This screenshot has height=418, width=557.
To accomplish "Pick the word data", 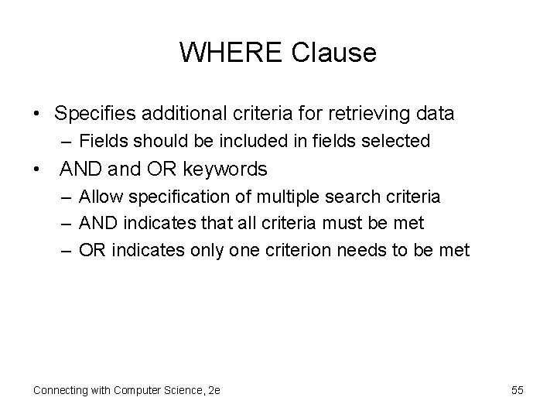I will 435,114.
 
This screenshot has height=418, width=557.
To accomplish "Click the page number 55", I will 517,390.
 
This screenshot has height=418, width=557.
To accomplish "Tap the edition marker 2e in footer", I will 214,390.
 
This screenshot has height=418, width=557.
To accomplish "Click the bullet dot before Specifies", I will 37,115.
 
